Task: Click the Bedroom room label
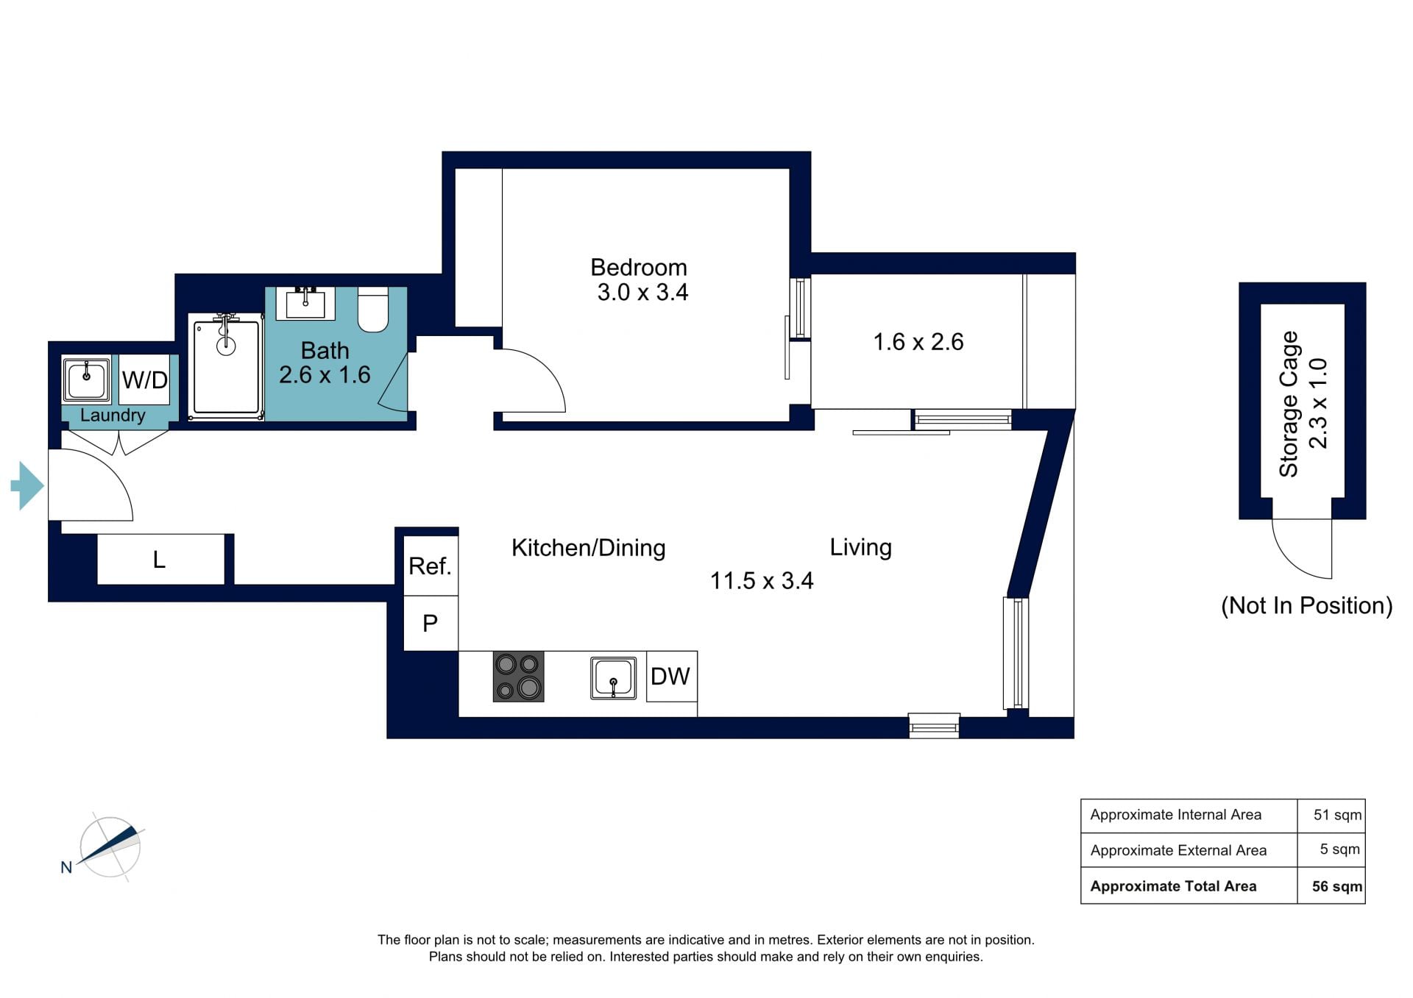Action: pyautogui.click(x=639, y=267)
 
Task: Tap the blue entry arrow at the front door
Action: pyautogui.click(x=27, y=485)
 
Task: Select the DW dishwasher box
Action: pyautogui.click(x=671, y=677)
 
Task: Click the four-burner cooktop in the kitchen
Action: pyautogui.click(x=518, y=677)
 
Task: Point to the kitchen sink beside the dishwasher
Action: pyautogui.click(x=613, y=678)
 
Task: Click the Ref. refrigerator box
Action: pyautogui.click(x=431, y=566)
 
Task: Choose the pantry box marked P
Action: pyautogui.click(x=431, y=624)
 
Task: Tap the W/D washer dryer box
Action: pyautogui.click(x=145, y=379)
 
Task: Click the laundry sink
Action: pyautogui.click(x=87, y=379)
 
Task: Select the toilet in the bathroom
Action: pyautogui.click(x=373, y=310)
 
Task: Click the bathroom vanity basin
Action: pyautogui.click(x=305, y=304)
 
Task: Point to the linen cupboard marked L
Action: pyautogui.click(x=160, y=560)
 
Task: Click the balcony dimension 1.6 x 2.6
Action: pyautogui.click(x=918, y=342)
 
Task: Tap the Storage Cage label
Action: pyautogui.click(x=1289, y=404)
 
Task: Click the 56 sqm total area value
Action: pyautogui.click(x=1337, y=886)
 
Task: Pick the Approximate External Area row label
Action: pyautogui.click(x=1178, y=850)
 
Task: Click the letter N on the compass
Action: pyautogui.click(x=66, y=868)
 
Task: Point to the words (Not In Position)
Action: pyautogui.click(x=1307, y=605)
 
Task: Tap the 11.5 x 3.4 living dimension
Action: pyautogui.click(x=762, y=581)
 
